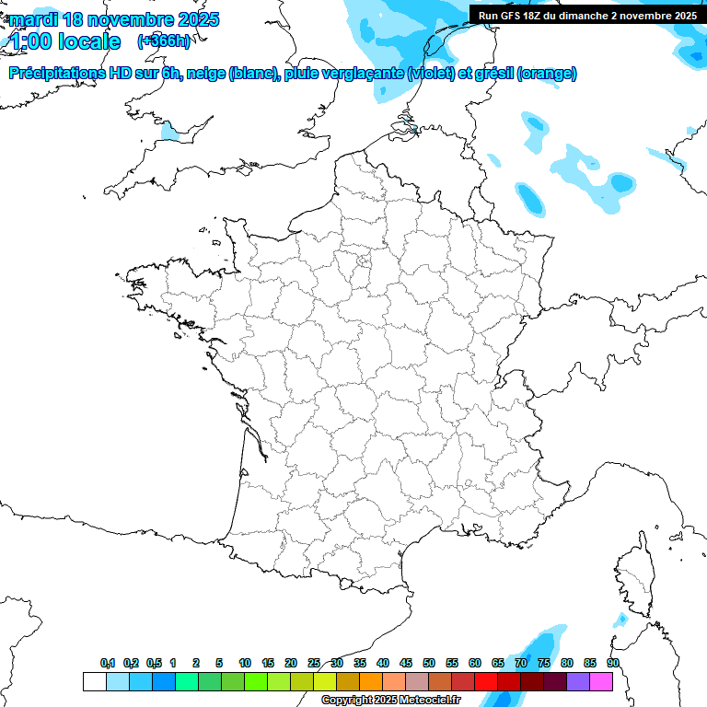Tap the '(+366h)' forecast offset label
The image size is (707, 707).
tap(163, 41)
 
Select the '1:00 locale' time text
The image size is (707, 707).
tap(64, 41)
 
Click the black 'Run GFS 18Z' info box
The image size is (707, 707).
tap(586, 15)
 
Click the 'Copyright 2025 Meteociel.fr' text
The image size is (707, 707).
tap(390, 701)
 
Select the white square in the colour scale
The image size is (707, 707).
tap(94, 681)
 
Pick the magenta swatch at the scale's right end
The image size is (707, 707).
tap(601, 681)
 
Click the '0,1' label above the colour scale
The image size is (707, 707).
tap(108, 663)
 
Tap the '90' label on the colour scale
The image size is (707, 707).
tap(613, 663)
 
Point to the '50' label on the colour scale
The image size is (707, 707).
tap(429, 663)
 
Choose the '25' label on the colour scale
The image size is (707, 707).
tap(314, 663)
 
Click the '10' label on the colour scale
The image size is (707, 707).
tap(245, 663)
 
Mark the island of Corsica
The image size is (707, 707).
tap(632, 575)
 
